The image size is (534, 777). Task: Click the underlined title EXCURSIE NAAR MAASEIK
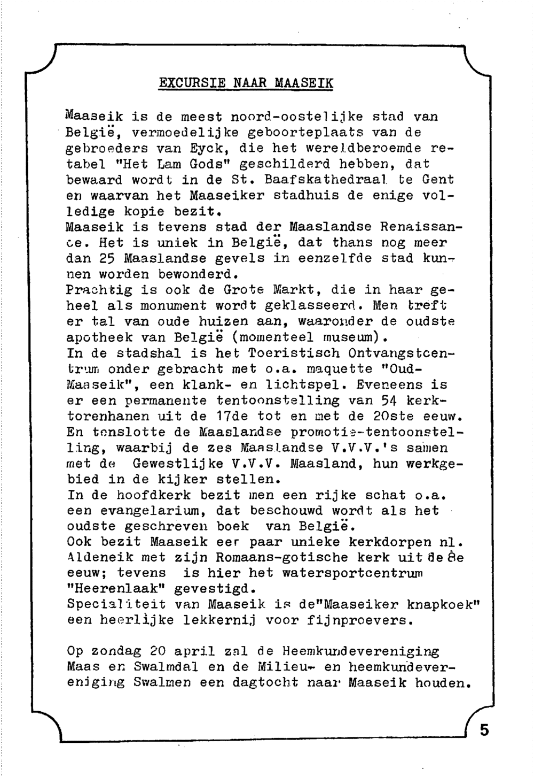coord(246,84)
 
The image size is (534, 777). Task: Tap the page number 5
coord(484,730)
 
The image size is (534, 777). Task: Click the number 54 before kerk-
coord(388,401)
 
